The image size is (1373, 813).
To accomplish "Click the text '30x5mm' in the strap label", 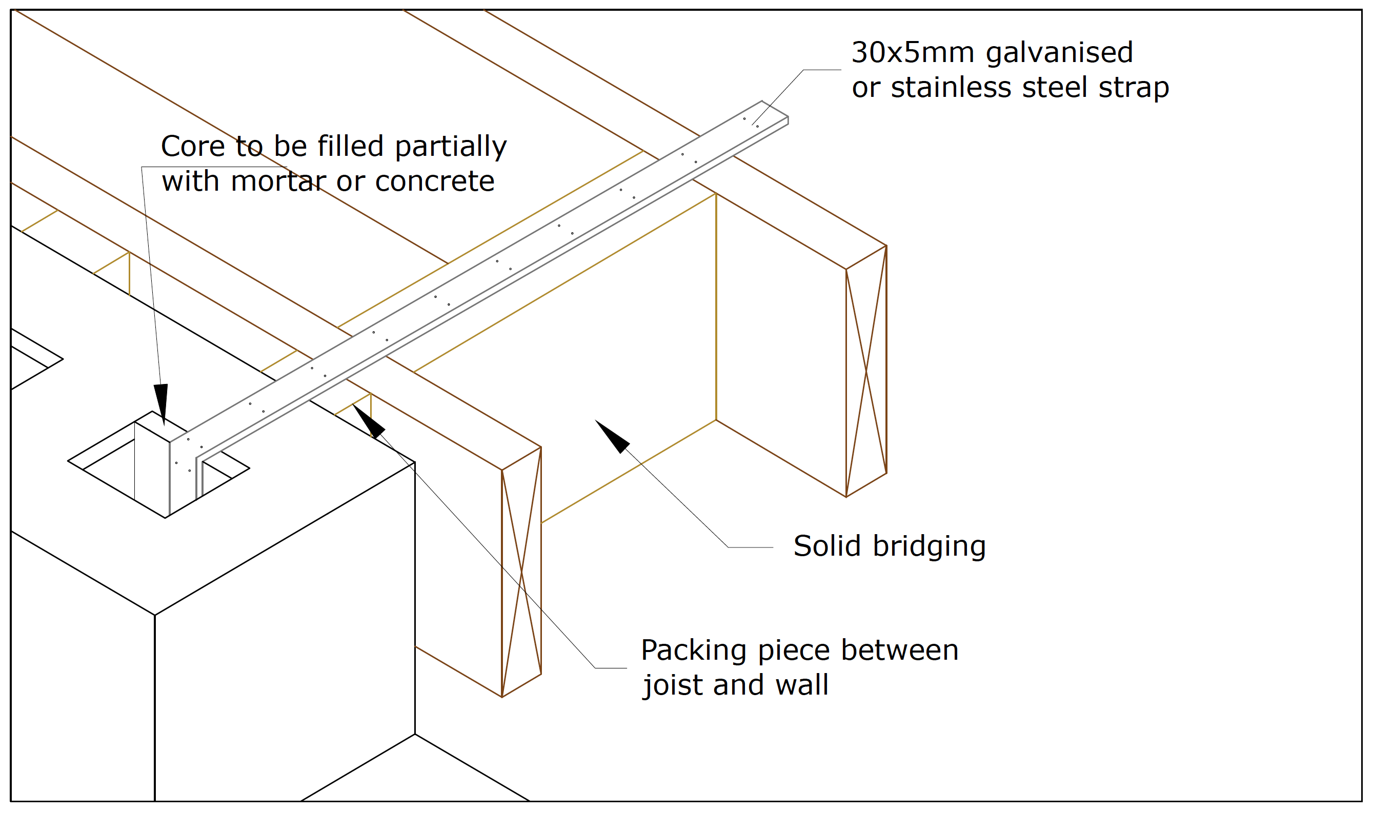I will [912, 53].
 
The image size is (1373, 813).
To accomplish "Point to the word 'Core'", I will [192, 147].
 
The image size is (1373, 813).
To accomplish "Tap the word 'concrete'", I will [434, 181].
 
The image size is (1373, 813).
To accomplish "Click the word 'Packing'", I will [693, 651].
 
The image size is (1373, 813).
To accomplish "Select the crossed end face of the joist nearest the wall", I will [521, 572].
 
